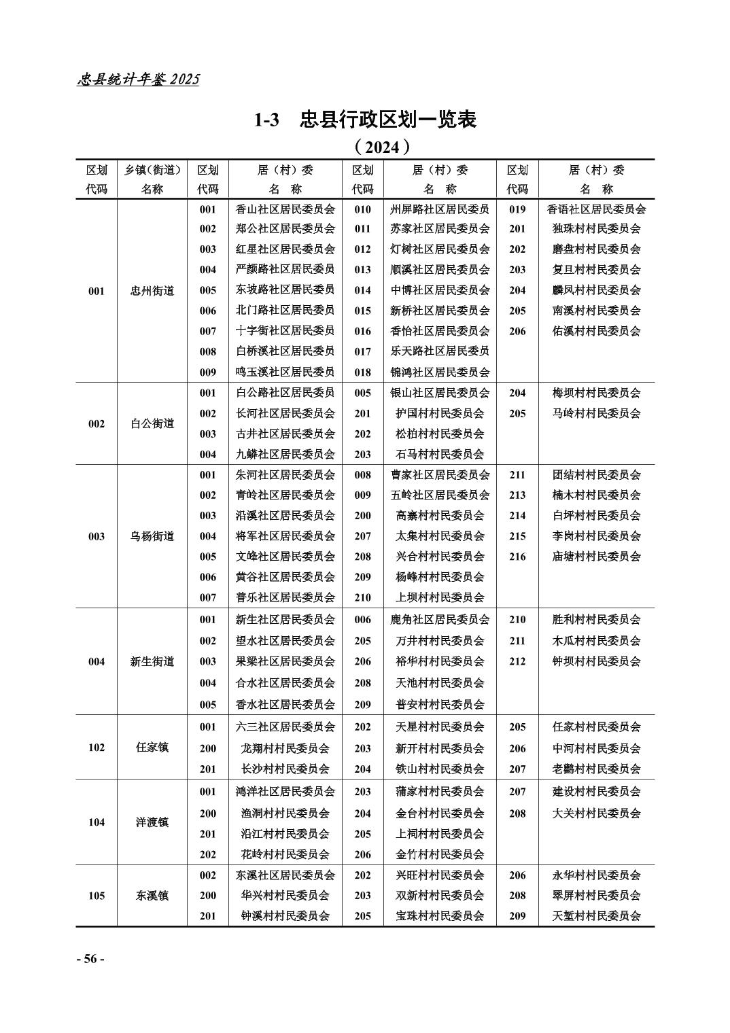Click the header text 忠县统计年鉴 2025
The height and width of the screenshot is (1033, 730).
(x=139, y=80)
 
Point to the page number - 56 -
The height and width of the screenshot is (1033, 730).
(x=90, y=959)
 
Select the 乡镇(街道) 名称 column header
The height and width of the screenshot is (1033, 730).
(x=152, y=179)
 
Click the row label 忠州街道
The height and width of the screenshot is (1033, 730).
(x=152, y=291)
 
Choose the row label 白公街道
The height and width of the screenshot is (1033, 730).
(x=152, y=423)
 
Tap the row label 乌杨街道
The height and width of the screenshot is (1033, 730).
(x=152, y=536)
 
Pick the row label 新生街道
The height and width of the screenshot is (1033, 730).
(x=152, y=661)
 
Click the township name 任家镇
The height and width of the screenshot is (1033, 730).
(x=152, y=748)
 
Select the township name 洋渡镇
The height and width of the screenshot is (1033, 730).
(x=152, y=822)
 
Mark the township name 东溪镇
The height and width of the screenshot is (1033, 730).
(x=152, y=896)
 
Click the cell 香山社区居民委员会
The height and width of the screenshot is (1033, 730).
(x=285, y=209)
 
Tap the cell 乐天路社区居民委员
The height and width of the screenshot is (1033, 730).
(x=440, y=351)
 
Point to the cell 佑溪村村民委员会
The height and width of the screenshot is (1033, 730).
(x=596, y=331)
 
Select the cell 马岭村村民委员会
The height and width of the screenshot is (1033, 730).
(x=596, y=413)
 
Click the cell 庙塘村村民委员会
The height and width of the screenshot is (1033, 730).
(x=596, y=557)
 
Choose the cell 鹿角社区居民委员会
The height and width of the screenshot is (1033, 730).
(x=440, y=620)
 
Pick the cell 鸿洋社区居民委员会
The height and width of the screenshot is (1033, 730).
(x=285, y=792)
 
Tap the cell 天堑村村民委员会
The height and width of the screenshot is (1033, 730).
(x=596, y=916)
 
